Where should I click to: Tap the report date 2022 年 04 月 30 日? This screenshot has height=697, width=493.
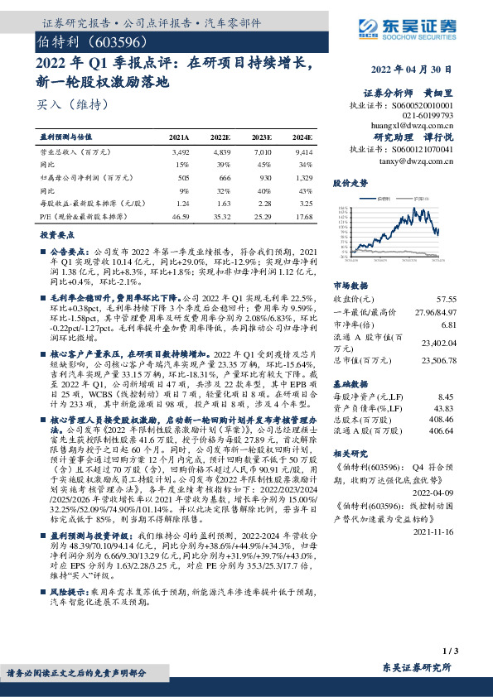(x=412, y=70)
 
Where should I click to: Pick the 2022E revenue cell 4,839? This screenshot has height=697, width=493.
(x=220, y=152)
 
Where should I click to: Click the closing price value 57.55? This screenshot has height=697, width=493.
(x=447, y=298)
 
